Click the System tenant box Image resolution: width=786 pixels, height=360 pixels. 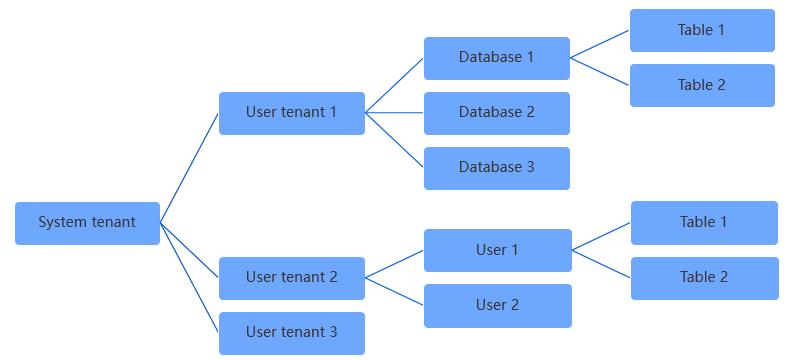[87, 223]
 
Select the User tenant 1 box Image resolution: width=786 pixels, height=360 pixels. [291, 113]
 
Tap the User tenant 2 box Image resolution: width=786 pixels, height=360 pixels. [291, 278]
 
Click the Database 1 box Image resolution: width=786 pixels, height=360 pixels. [496, 58]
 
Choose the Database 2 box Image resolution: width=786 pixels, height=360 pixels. [496, 113]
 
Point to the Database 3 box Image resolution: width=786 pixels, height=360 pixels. [496, 168]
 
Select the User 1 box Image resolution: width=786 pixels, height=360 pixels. [497, 250]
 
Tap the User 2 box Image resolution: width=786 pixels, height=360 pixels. [497, 305]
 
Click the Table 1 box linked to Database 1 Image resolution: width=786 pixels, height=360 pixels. [701, 30]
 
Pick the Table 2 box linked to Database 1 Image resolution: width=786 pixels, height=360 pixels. [701, 85]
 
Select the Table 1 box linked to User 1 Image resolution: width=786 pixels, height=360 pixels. [703, 222]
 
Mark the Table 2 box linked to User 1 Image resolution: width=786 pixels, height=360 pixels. [703, 277]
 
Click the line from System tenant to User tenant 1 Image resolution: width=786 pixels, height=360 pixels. [189, 168]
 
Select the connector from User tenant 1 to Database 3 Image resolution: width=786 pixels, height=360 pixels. [394, 140]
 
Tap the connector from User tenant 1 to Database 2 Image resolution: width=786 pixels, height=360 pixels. [394, 113]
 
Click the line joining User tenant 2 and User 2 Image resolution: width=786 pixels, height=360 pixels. [394, 291]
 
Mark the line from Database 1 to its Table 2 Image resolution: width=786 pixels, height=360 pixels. [600, 72]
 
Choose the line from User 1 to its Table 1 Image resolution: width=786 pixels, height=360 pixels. [601, 236]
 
